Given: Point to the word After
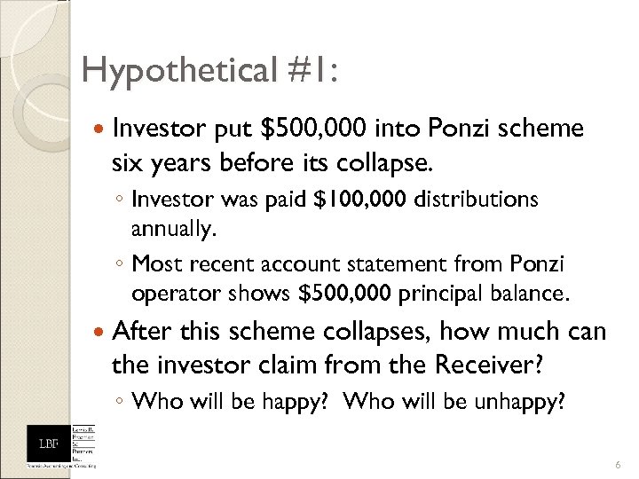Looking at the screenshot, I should coord(141,332).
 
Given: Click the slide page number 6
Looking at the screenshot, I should coord(616,464).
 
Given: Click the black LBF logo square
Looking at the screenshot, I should coord(44,443).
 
